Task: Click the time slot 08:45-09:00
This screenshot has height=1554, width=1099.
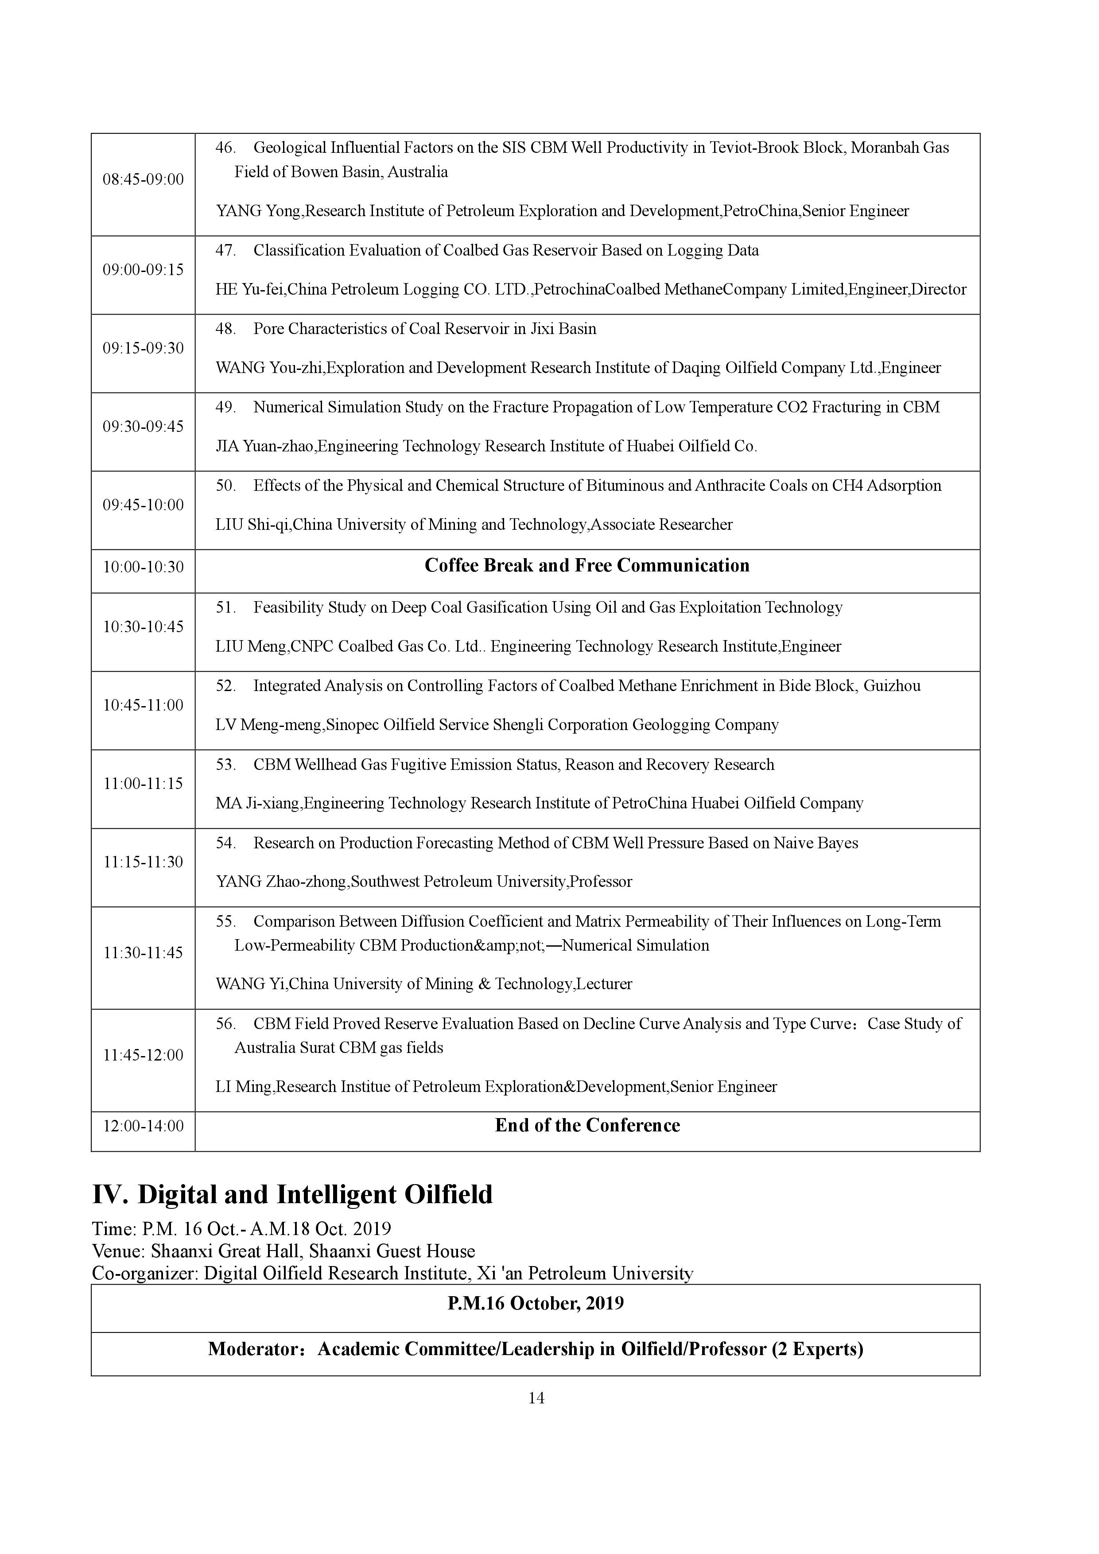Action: (x=143, y=179)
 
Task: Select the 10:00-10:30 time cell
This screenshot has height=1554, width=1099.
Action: (x=143, y=567)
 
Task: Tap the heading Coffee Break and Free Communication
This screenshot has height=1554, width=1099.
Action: (x=587, y=566)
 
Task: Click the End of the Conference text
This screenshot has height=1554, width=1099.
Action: (x=587, y=1125)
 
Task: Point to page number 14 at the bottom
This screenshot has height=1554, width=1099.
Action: (x=536, y=1398)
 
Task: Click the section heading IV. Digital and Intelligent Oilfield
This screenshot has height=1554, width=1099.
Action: (x=291, y=1195)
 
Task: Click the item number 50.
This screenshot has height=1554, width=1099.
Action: (x=225, y=486)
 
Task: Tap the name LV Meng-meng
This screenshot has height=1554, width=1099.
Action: (x=269, y=725)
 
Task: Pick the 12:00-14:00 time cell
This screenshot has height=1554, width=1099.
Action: (x=143, y=1126)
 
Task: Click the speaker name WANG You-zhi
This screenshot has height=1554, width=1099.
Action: (x=269, y=368)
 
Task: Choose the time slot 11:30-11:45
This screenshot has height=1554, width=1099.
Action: (x=143, y=953)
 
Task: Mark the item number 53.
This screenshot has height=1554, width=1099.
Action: (x=225, y=765)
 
